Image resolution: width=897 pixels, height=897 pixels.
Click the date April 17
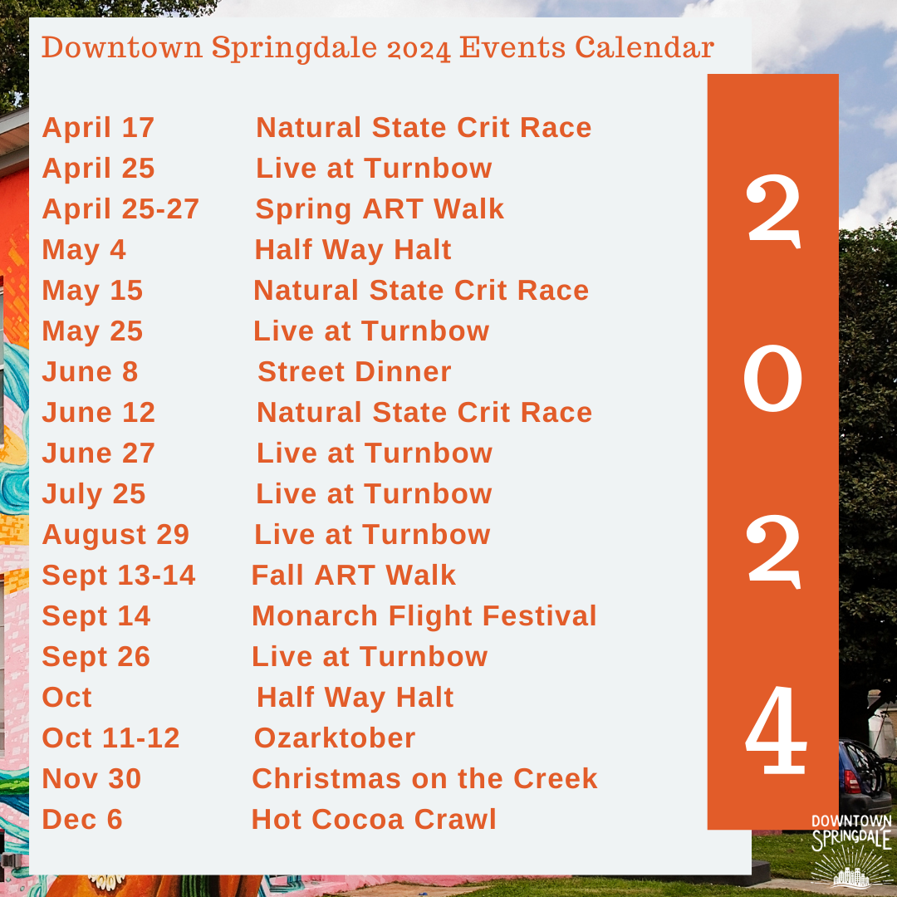pyautogui.click(x=98, y=128)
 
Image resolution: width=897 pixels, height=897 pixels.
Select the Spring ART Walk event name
pyautogui.click(x=380, y=209)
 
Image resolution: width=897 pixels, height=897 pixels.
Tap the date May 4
pyautogui.click(x=84, y=250)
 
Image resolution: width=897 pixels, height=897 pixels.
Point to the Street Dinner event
pyautogui.click(x=355, y=372)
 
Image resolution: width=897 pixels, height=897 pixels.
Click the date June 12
pyautogui.click(x=99, y=413)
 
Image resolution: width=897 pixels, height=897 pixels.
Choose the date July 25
pyautogui.click(x=94, y=494)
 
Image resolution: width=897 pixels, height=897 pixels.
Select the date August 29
pyautogui.click(x=115, y=535)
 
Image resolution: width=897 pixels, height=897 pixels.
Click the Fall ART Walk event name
pyautogui.click(x=354, y=576)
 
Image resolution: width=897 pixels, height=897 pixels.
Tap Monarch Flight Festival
pyautogui.click(x=424, y=616)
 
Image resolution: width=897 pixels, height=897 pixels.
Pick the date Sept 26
pyautogui.click(x=96, y=657)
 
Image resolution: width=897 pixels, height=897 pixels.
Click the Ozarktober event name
pyautogui.click(x=335, y=738)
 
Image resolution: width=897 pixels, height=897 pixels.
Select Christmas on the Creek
pyautogui.click(x=424, y=779)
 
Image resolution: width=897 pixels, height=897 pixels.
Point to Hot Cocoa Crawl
pyautogui.click(x=374, y=820)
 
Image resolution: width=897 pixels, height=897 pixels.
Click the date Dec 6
pyautogui.click(x=82, y=820)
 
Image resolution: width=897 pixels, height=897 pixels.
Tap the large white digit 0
pyautogui.click(x=772, y=379)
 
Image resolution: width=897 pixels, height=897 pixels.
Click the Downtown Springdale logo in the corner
pyautogui.click(x=850, y=847)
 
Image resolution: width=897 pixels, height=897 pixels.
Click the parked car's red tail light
pyautogui.click(x=851, y=782)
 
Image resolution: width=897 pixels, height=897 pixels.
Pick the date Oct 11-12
pyautogui.click(x=110, y=738)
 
